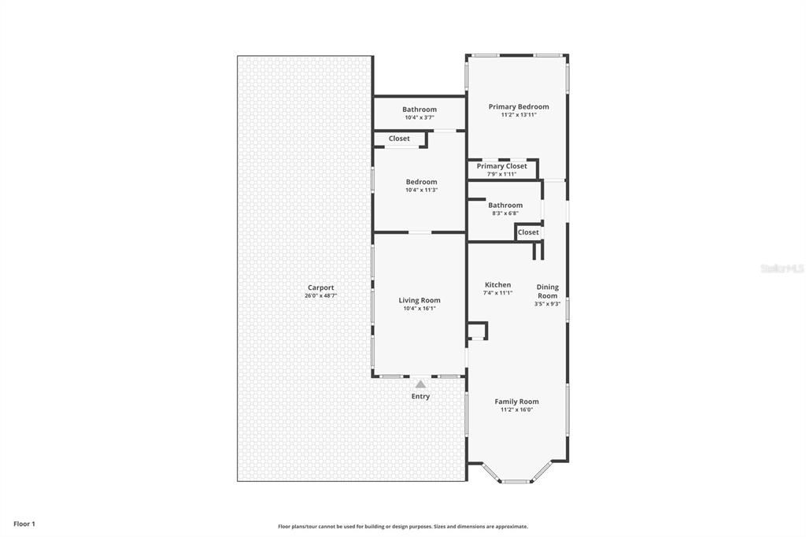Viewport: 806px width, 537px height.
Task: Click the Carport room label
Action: coord(320,287)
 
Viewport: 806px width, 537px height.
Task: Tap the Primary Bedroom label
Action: coord(519,106)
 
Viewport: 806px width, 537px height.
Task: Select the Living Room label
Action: coord(420,300)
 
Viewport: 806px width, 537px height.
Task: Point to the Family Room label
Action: coord(516,402)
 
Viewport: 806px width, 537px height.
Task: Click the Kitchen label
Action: coord(497,285)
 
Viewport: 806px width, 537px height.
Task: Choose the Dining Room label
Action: coord(548,291)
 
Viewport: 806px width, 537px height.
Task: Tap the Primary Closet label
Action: coord(502,166)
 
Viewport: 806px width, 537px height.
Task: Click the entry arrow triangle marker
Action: coord(421,384)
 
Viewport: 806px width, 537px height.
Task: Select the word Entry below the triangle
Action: coord(421,396)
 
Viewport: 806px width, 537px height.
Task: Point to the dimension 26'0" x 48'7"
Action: coord(320,296)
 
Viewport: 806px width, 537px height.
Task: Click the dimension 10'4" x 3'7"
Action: coord(420,117)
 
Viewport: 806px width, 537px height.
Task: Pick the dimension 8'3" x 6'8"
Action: coord(505,213)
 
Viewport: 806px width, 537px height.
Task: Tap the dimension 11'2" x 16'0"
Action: coord(516,409)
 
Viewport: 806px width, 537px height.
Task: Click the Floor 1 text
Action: coord(24,524)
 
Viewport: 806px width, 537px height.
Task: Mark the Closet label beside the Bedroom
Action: coord(399,139)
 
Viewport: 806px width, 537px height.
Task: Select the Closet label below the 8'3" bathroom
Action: coord(528,232)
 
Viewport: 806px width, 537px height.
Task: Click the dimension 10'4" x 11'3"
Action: coord(421,190)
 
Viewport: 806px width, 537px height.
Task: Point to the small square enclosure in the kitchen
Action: coord(477,330)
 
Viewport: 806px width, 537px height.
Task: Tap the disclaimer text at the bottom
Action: coord(402,527)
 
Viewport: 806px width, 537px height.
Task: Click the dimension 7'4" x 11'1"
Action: coord(497,293)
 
